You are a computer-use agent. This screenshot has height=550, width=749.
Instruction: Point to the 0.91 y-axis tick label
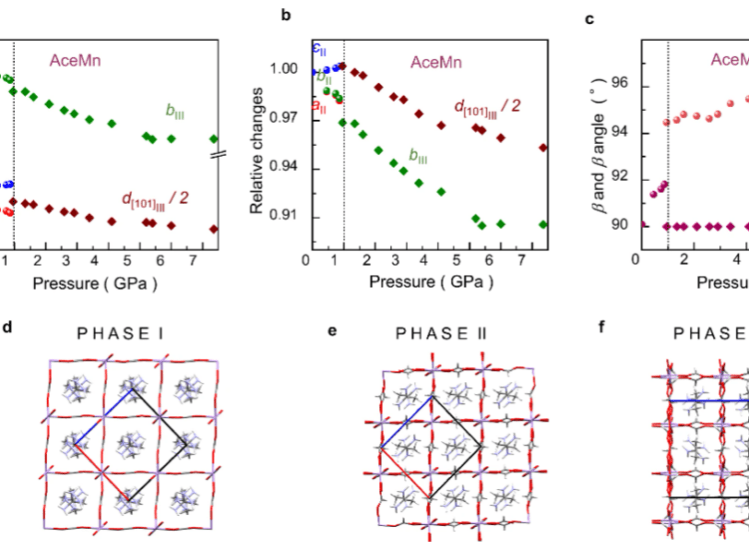click(288, 217)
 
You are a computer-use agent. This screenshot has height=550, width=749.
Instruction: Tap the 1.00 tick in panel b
click(288, 70)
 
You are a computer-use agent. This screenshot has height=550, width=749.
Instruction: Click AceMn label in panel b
click(437, 61)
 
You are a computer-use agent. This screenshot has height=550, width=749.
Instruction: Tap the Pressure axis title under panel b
click(430, 281)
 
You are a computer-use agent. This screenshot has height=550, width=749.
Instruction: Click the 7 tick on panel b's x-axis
click(525, 259)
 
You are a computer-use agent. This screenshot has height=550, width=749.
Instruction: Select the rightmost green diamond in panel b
click(543, 224)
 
